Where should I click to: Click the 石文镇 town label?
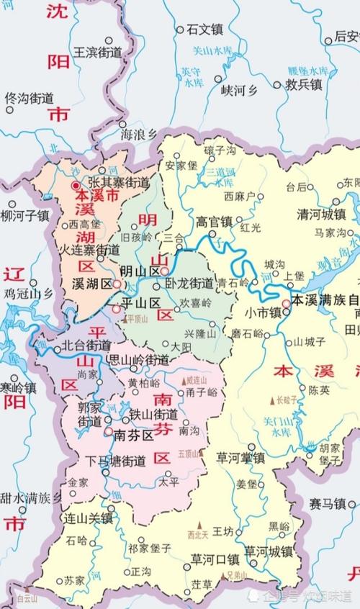click(x=205, y=30)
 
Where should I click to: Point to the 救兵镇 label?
click(x=302, y=84)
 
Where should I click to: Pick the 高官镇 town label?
click(x=215, y=222)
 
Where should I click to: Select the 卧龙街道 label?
click(x=189, y=283)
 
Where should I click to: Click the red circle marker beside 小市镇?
click(x=286, y=304)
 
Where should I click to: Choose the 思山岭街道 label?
click(x=138, y=358)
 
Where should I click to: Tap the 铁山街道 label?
click(x=153, y=415)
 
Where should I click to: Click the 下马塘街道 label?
click(x=116, y=461)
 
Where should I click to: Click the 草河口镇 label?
click(x=214, y=559)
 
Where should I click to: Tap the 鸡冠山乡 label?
click(x=28, y=293)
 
